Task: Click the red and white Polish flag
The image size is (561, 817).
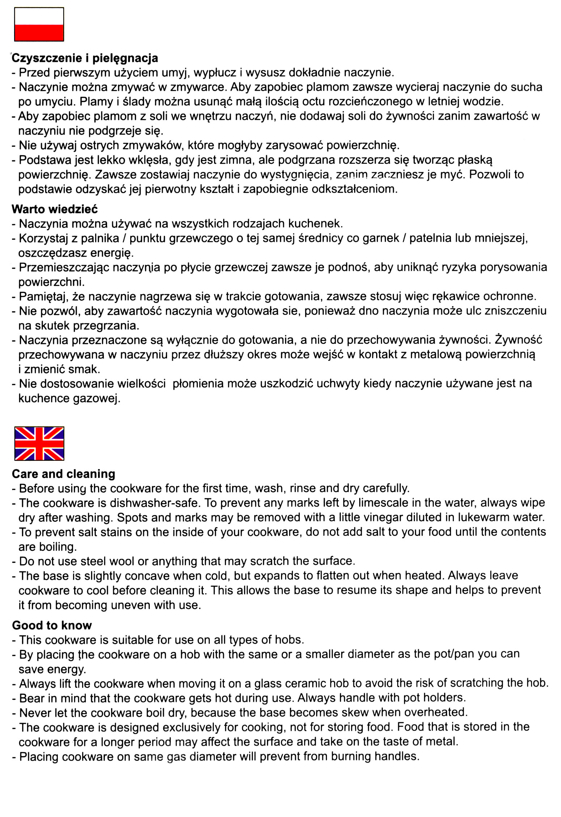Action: click(x=39, y=24)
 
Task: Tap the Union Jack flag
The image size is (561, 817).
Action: click(x=39, y=443)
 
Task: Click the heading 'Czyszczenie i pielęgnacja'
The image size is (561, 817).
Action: click(x=85, y=58)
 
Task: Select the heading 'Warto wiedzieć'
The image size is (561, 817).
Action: click(x=55, y=209)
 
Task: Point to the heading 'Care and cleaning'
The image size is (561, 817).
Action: click(x=64, y=474)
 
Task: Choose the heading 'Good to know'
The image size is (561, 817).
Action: click(x=52, y=625)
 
